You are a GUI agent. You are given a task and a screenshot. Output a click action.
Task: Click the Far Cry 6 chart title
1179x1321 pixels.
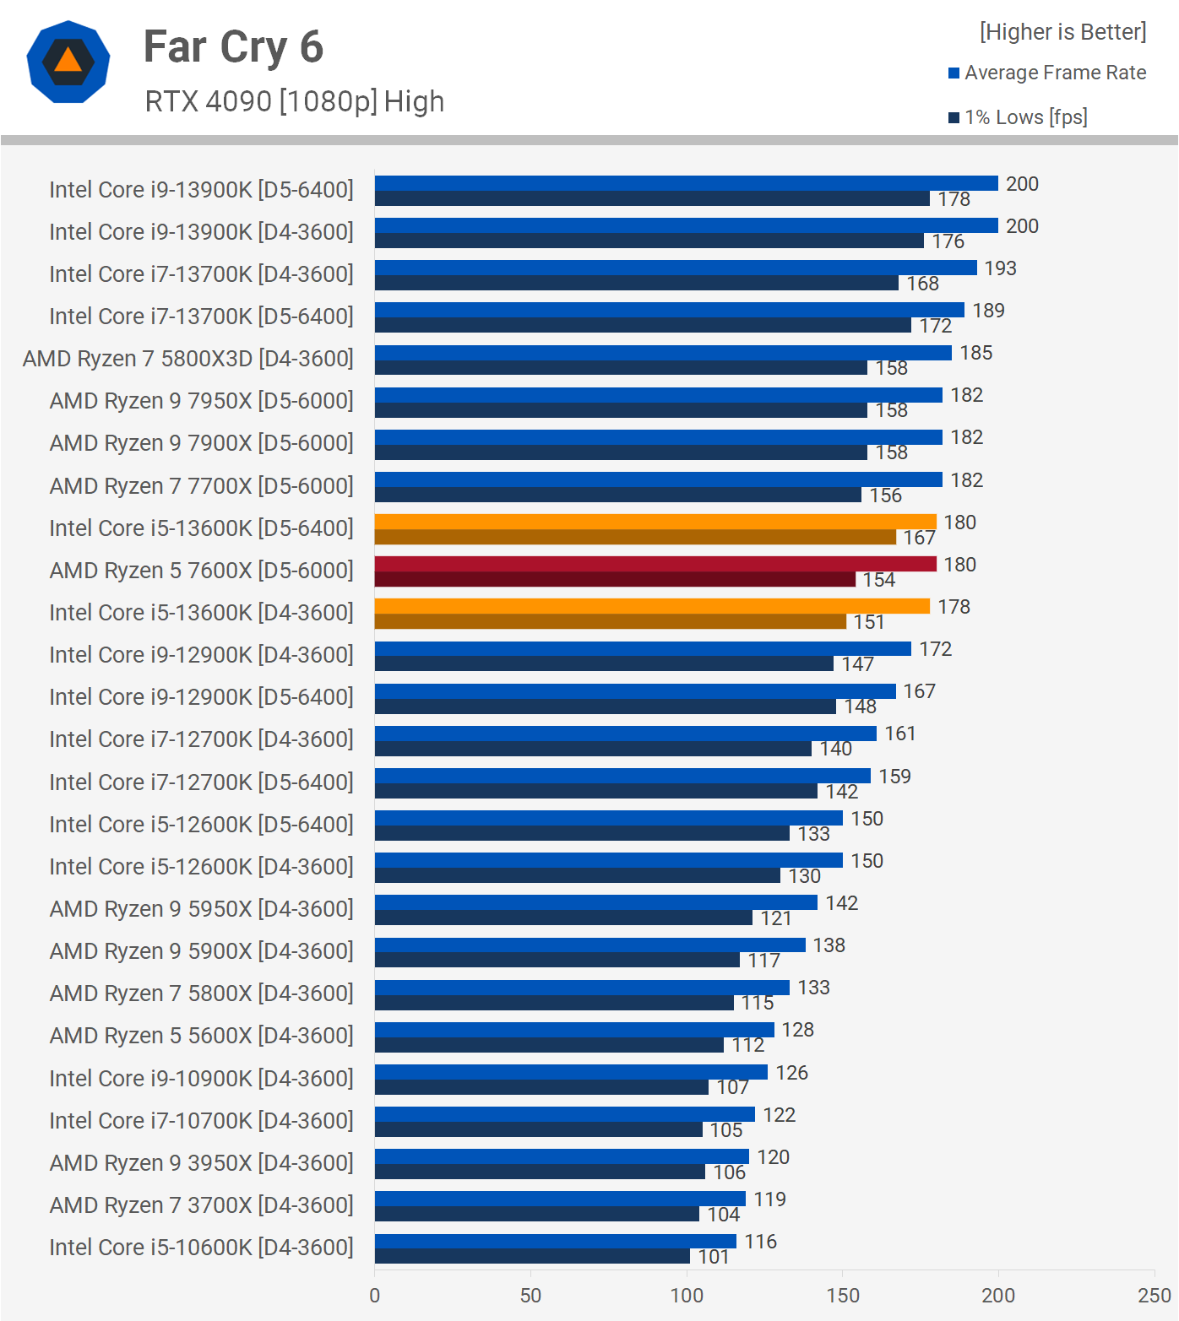click(x=233, y=47)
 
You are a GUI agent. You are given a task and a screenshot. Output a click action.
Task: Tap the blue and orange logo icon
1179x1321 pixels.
click(x=68, y=62)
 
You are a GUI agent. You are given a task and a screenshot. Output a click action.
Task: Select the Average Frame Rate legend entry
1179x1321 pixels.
click(x=1047, y=73)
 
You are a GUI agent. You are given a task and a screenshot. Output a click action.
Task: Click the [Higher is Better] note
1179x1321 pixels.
click(x=1062, y=32)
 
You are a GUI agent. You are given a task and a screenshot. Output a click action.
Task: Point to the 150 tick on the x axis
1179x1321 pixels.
click(x=843, y=1296)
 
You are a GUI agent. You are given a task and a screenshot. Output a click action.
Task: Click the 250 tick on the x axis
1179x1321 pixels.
click(x=1154, y=1296)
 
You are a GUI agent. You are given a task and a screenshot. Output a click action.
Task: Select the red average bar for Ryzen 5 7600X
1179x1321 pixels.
click(x=655, y=564)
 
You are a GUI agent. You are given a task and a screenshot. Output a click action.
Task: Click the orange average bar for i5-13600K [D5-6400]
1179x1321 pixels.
click(x=655, y=522)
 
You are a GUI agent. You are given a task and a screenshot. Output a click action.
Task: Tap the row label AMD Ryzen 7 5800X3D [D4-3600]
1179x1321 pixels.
click(x=188, y=359)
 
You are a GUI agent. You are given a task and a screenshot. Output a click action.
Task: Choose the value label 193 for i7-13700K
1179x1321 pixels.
click(x=1000, y=268)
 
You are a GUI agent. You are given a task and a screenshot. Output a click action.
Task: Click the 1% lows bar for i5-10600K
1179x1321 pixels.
click(x=532, y=1256)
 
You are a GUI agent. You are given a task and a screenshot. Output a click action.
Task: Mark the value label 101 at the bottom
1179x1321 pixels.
click(x=713, y=1257)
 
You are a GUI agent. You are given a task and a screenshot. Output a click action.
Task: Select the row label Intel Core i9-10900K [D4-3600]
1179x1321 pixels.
click(x=201, y=1079)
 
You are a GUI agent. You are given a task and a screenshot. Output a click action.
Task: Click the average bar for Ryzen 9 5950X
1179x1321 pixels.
click(x=596, y=902)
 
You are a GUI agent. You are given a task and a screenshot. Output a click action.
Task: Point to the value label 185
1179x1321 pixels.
click(x=975, y=353)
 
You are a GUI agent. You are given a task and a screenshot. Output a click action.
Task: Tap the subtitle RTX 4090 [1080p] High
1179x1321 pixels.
click(x=294, y=102)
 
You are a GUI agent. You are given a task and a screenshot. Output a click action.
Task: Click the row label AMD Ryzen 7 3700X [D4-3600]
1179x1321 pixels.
click(x=201, y=1205)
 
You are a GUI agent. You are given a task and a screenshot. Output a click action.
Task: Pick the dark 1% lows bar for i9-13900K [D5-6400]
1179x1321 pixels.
click(x=652, y=198)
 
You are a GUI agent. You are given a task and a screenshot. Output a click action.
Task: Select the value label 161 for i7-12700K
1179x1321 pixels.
click(x=899, y=734)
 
